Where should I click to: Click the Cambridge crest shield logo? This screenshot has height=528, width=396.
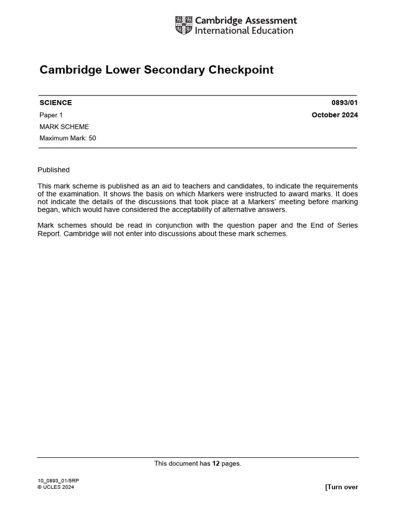tap(184, 25)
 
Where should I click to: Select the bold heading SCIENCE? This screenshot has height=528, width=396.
tap(56, 103)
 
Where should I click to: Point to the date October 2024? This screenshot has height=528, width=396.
tap(335, 115)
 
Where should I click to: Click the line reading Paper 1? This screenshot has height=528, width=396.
tap(51, 115)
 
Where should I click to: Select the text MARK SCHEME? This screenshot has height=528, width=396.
tap(64, 126)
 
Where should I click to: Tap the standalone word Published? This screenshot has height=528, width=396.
tap(54, 170)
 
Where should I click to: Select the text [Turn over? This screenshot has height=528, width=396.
tap(341, 487)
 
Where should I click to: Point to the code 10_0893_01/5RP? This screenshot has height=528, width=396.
tap(58, 481)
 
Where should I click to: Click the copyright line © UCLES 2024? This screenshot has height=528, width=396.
tap(56, 487)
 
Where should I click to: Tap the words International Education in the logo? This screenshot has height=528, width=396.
tap(244, 30)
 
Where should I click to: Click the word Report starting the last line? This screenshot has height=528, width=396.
tap(49, 233)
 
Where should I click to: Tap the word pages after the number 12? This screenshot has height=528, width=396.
tap(232, 464)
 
